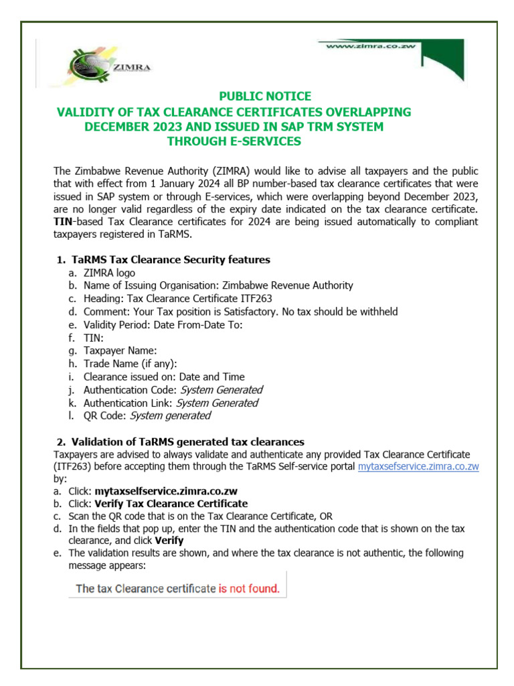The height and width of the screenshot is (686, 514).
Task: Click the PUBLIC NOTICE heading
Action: (266, 96)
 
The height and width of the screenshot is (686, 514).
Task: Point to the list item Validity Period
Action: (163, 325)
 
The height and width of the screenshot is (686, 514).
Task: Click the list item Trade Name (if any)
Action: (130, 364)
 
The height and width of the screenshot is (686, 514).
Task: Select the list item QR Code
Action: (147, 416)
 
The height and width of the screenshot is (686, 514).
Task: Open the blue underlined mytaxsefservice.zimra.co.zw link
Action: (418, 467)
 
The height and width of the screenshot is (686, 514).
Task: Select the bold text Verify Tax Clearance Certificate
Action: (171, 504)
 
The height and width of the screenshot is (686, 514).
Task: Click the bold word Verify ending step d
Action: (169, 541)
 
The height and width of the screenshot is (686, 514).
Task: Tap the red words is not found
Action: (249, 589)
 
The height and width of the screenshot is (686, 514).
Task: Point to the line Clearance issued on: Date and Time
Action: (164, 377)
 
